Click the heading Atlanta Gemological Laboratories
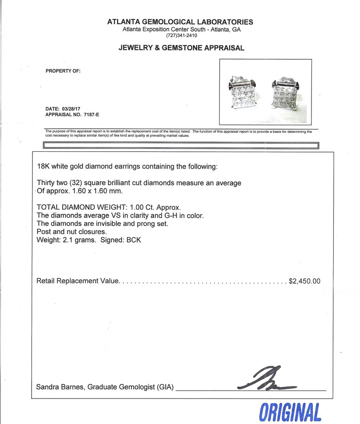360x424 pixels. pyautogui.click(x=180, y=22)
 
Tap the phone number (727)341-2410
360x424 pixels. pyautogui.click(x=180, y=36)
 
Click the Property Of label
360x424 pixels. pyautogui.click(x=63, y=71)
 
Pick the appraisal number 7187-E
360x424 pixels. pyautogui.click(x=91, y=114)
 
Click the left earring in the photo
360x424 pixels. pyautogui.click(x=244, y=93)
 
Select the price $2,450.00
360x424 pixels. pyautogui.click(x=304, y=281)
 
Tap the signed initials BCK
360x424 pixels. pyautogui.click(x=134, y=240)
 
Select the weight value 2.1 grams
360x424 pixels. pyautogui.click(x=82, y=240)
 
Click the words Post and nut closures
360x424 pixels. pyautogui.click(x=71, y=232)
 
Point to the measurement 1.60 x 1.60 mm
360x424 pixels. pyautogui.click(x=98, y=191)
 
